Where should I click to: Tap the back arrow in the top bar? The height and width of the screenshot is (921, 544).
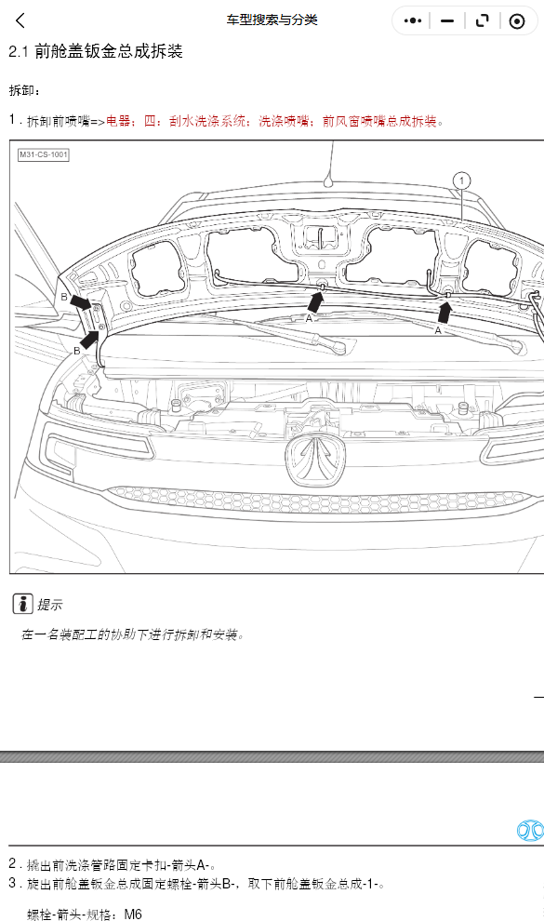20,20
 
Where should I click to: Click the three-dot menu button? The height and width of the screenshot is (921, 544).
413,20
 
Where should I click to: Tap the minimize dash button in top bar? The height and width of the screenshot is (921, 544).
447,21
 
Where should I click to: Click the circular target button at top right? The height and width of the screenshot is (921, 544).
517,21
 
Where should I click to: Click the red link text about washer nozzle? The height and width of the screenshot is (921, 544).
274,121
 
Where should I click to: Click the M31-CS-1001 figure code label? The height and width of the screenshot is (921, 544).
44,154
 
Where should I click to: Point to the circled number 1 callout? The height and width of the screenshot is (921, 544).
462,180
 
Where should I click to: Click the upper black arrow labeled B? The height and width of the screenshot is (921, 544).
80,302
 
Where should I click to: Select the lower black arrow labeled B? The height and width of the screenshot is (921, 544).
88,340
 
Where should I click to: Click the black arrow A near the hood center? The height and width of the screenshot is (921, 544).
315,302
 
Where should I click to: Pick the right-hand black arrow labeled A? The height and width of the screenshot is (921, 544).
444,312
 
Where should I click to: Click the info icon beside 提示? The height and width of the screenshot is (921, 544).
23,603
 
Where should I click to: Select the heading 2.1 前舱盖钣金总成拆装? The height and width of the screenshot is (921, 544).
96,51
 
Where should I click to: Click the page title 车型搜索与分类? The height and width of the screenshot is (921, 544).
272,20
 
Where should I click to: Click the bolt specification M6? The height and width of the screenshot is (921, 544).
133,914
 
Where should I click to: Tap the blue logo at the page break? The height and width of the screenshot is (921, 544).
530,831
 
